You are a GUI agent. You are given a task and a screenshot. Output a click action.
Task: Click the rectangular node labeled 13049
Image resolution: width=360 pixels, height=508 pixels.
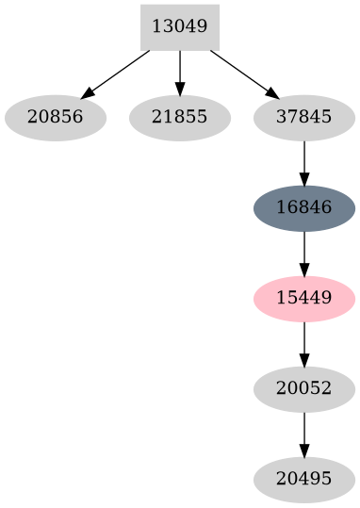tap(179, 26)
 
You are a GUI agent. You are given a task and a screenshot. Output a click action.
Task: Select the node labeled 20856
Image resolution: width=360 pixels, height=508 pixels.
tap(55, 118)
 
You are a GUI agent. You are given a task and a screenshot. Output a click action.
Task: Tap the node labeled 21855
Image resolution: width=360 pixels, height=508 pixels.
tap(179, 118)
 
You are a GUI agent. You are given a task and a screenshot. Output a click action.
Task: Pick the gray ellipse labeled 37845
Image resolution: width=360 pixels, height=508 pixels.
tap(303, 118)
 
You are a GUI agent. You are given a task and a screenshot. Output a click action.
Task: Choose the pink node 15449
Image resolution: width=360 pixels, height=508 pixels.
tap(303, 299)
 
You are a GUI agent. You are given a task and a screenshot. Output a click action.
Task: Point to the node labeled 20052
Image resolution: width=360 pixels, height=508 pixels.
tap(303, 389)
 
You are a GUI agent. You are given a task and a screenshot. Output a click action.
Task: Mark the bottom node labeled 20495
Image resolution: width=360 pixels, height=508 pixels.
tap(303, 480)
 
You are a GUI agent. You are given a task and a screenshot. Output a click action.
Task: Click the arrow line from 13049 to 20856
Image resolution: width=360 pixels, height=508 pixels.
tap(118, 73)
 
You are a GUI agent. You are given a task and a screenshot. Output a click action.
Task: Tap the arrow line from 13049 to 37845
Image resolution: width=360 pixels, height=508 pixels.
tap(241, 73)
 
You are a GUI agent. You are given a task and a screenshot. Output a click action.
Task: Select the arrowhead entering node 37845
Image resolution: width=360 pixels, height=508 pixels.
tap(272, 94)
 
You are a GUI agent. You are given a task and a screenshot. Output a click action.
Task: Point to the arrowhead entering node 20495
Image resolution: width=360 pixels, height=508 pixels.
tap(303, 453)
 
